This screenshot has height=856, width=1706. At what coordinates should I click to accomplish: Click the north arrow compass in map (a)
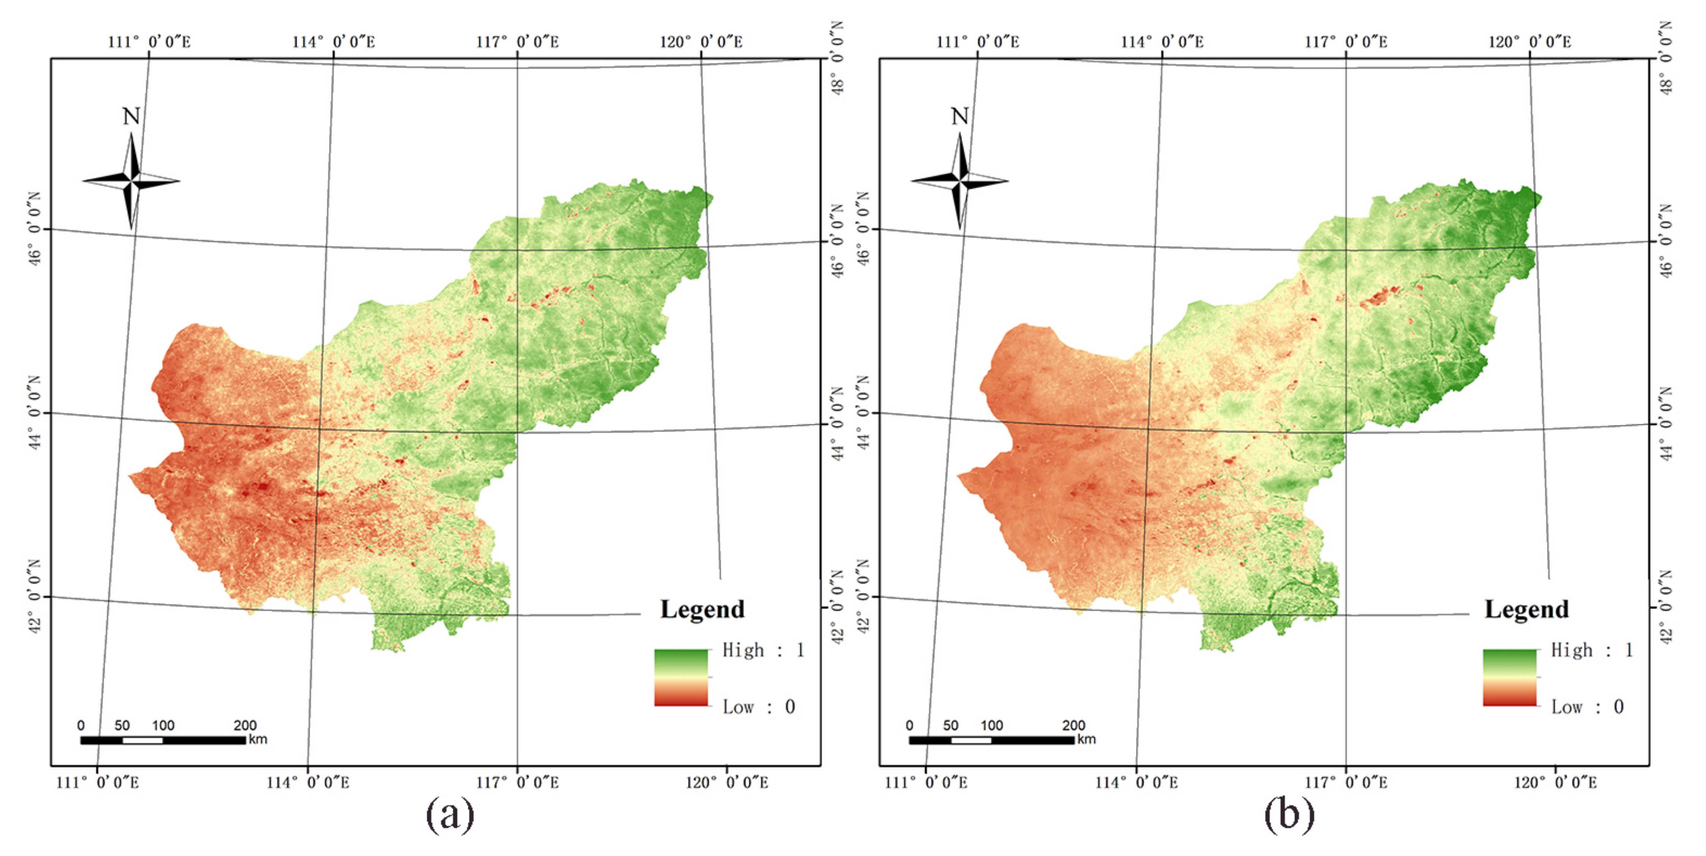pyautogui.click(x=131, y=180)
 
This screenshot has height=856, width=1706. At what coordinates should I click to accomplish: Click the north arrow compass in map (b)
pyautogui.click(x=960, y=180)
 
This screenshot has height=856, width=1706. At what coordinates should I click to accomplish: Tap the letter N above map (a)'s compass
pyautogui.click(x=131, y=116)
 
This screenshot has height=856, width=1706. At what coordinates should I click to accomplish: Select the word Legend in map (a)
pyautogui.click(x=702, y=609)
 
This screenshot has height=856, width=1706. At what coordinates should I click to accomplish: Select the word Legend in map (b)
pyautogui.click(x=1526, y=609)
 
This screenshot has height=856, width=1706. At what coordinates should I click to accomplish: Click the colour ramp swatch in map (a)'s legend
pyautogui.click(x=681, y=677)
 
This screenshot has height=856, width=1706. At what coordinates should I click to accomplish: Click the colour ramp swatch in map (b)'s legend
pyautogui.click(x=1509, y=677)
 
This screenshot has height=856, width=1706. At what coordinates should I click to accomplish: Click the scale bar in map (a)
pyautogui.click(x=163, y=740)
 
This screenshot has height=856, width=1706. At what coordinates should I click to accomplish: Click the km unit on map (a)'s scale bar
pyautogui.click(x=258, y=740)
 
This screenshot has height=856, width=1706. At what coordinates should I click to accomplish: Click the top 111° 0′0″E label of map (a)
pyautogui.click(x=149, y=42)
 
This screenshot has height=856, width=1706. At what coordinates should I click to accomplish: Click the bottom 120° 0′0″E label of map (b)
pyautogui.click(x=1555, y=783)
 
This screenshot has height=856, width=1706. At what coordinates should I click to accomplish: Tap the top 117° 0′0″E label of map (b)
pyautogui.click(x=1346, y=42)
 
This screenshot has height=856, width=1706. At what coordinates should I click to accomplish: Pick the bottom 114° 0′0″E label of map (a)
pyautogui.click(x=308, y=783)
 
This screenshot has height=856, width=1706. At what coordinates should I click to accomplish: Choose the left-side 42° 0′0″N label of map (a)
pyautogui.click(x=34, y=596)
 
